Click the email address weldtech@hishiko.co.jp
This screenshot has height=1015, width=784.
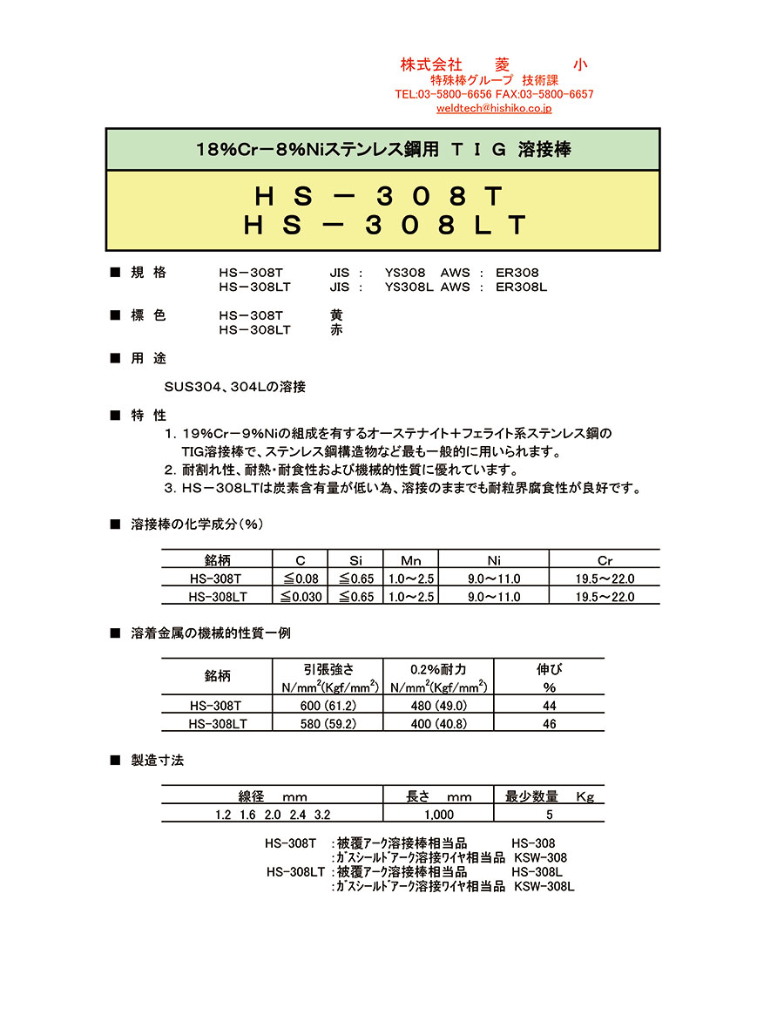494,109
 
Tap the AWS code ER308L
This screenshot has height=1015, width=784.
522,287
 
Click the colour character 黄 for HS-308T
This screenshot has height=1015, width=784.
337,315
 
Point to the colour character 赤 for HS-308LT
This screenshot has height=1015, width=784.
337,330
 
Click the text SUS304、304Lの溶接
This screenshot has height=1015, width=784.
234,387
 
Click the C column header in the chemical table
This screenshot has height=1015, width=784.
300,560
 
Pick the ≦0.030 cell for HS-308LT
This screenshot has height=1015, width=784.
300,597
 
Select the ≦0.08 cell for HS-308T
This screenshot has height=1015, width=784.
300,579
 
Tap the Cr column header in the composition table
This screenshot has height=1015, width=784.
605,560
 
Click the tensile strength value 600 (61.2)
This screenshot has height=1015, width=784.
328,706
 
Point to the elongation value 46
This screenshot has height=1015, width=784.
549,724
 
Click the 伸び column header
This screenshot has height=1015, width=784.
549,670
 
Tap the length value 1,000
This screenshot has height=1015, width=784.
438,815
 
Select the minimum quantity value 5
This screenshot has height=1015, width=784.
549,815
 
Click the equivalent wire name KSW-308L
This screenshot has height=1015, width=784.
544,886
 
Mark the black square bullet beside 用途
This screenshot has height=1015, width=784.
115,358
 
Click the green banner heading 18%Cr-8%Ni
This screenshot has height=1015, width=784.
383,149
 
